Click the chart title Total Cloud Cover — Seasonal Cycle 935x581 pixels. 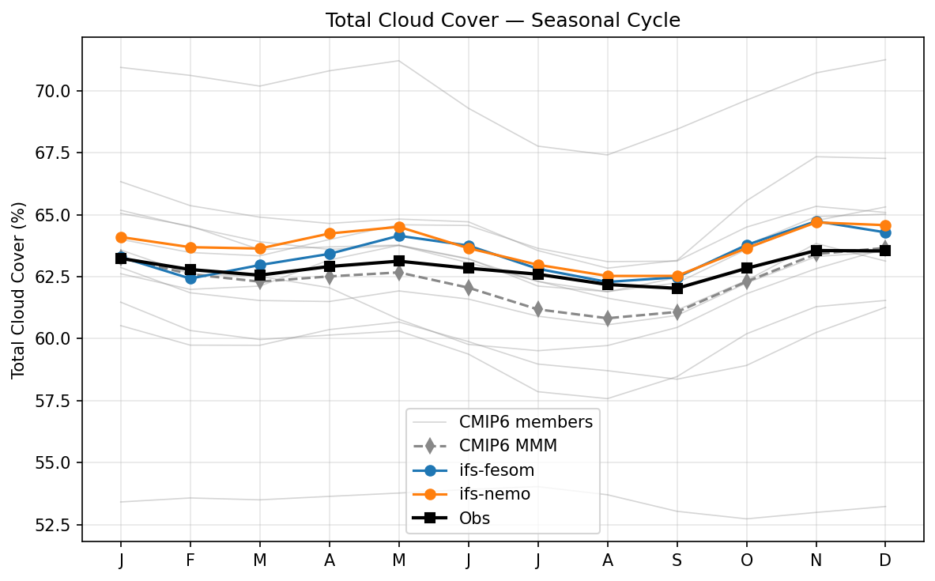point(503,21)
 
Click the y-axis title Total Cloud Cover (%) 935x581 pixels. point(18,290)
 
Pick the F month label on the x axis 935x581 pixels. point(190,560)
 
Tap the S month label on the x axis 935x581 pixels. point(677,560)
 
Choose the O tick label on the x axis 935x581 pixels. point(747,560)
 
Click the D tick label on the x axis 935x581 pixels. point(885,560)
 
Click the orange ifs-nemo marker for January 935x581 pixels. point(121,237)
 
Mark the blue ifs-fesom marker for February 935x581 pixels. point(190,278)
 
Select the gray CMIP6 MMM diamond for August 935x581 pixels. point(608,319)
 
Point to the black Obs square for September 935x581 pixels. point(677,289)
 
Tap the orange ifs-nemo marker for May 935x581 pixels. point(399,227)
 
